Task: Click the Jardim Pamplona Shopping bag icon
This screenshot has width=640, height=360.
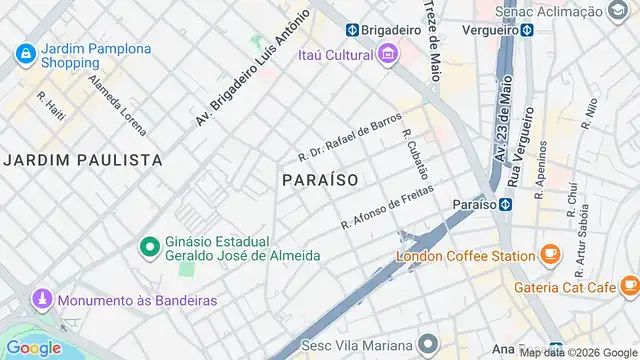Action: click(x=25, y=53)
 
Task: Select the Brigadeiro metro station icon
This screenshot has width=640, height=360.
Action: click(x=353, y=29)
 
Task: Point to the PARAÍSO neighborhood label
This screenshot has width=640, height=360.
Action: click(x=320, y=179)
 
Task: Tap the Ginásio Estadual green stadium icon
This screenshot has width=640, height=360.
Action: click(x=149, y=246)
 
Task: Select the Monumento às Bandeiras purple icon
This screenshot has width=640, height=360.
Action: click(x=41, y=299)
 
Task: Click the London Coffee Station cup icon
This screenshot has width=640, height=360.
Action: click(x=549, y=255)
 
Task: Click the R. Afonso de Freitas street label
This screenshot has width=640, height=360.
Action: click(x=385, y=209)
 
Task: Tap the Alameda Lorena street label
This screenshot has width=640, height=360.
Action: click(x=116, y=105)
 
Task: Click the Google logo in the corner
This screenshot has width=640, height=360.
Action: click(x=34, y=347)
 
